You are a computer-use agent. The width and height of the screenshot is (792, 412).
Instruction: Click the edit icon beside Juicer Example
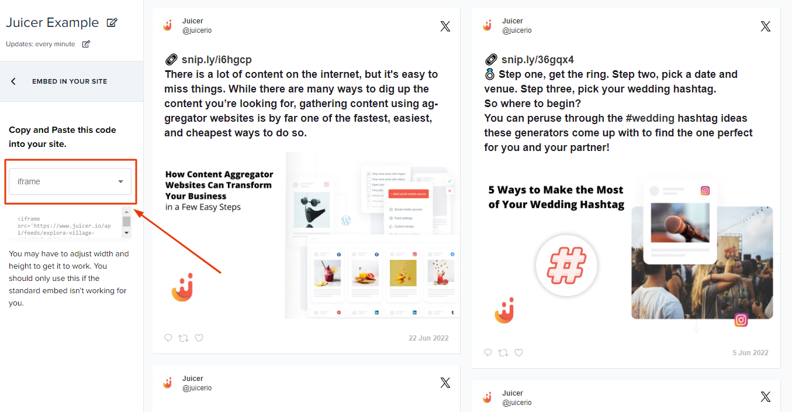pos(112,23)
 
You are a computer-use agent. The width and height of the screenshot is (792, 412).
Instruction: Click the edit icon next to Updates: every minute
pos(86,44)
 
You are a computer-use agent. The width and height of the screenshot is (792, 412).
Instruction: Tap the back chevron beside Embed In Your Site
pos(13,81)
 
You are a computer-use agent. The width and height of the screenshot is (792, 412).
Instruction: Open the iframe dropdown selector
pos(70,181)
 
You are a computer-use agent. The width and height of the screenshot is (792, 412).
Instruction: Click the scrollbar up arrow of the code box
pos(126,211)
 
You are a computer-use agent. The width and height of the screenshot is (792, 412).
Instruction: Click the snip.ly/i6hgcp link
pos(216,60)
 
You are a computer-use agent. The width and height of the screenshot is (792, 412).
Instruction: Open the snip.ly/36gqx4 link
pos(537,60)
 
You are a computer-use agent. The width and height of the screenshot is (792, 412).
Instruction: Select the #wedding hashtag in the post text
pos(650,118)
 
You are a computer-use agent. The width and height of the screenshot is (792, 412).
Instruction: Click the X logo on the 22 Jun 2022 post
pos(445,26)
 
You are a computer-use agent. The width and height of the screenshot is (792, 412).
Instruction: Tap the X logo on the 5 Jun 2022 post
pos(765,26)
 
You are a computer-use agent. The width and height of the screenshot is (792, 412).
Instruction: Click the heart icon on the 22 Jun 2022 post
pos(199,338)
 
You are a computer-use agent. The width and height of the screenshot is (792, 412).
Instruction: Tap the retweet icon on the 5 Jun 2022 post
pos(503,352)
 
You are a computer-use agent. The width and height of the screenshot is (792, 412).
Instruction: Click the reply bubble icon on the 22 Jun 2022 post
pos(168,338)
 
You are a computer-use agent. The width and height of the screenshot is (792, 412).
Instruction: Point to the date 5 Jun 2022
pos(750,353)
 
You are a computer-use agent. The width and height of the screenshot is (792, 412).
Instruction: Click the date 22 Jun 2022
pos(428,338)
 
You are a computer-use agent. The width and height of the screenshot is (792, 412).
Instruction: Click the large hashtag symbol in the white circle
pos(566,266)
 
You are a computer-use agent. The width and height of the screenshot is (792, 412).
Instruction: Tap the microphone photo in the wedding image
pos(680,225)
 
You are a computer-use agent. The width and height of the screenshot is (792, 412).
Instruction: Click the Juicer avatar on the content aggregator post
pos(167,26)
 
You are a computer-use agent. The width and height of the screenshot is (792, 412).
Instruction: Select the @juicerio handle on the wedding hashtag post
pos(517,30)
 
